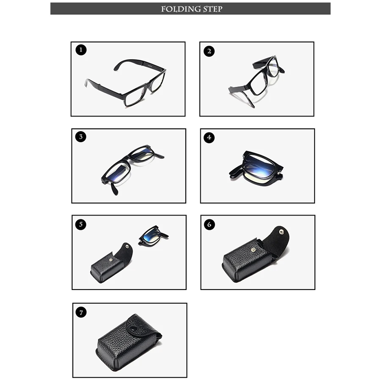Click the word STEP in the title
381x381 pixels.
213,9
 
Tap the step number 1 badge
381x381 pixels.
81,50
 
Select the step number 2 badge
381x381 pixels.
209,51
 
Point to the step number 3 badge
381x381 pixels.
81,137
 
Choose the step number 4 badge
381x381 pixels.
209,138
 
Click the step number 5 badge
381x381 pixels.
81,224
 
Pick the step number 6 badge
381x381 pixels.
209,224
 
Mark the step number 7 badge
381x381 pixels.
81,312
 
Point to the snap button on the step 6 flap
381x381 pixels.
282,232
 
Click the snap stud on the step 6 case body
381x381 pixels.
253,249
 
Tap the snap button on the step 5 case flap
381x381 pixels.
127,247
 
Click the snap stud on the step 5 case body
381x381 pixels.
111,260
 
